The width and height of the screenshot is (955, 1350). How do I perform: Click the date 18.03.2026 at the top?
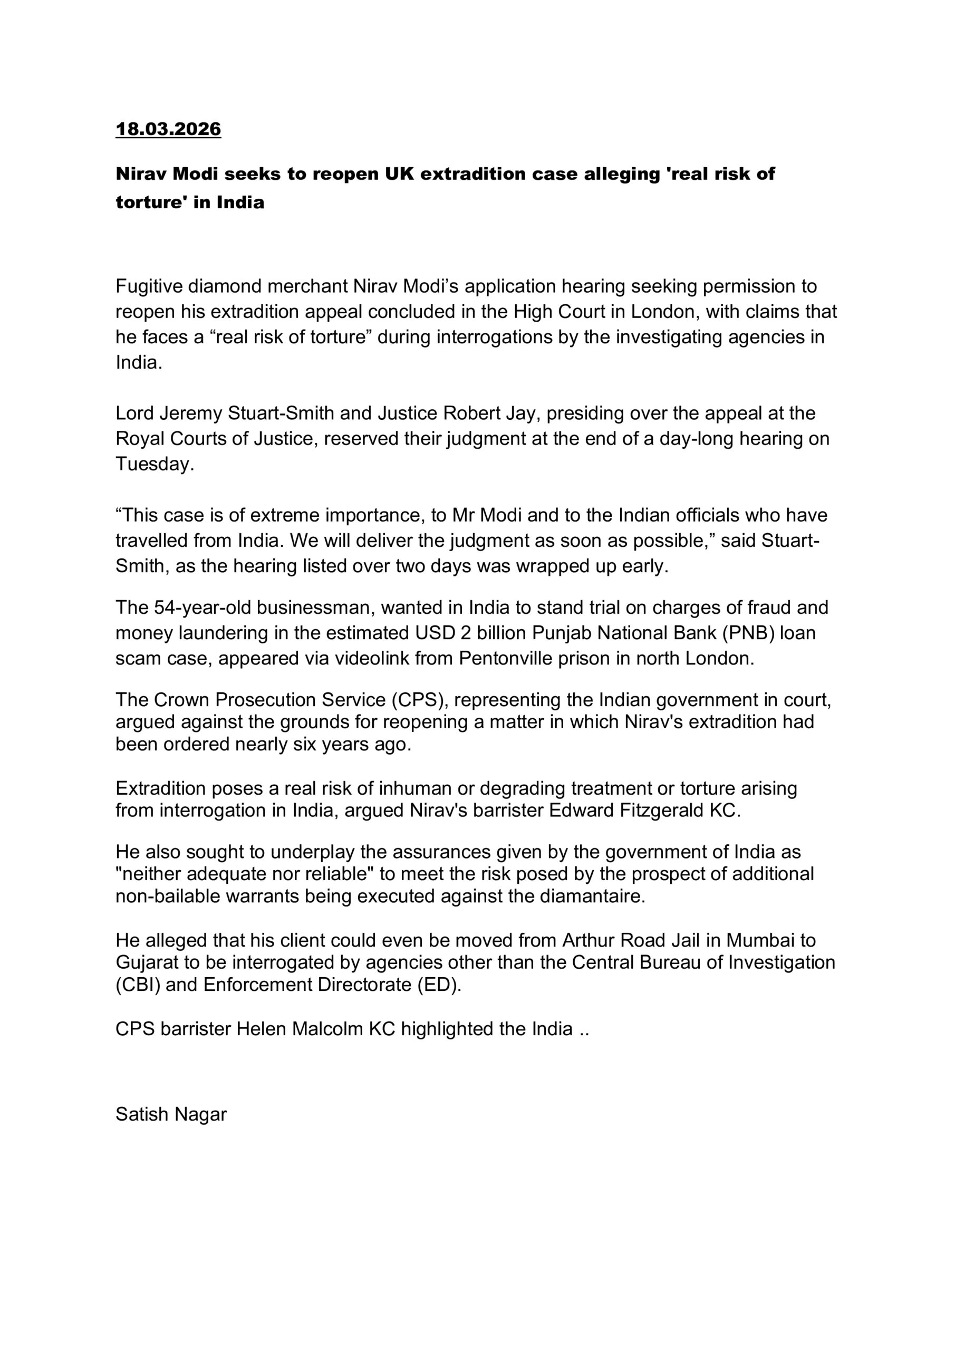pos(168,129)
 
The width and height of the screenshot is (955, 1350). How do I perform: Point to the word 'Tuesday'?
pos(153,464)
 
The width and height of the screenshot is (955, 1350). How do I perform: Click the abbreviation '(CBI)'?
pos(138,985)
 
